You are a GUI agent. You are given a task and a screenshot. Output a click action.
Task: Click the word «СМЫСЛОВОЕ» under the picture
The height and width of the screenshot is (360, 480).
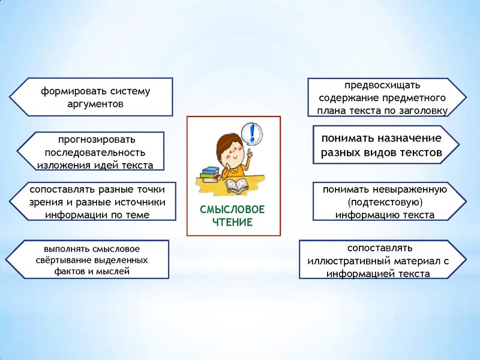[x=233, y=210]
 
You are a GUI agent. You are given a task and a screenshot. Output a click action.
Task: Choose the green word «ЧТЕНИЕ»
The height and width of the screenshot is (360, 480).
[x=233, y=223]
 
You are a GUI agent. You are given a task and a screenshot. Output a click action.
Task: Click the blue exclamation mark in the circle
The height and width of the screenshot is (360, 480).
[x=253, y=132]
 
